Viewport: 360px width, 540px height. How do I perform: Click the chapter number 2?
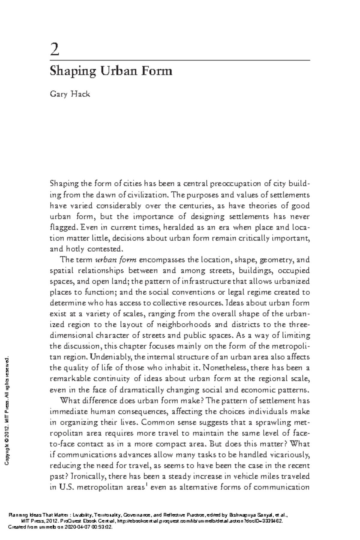(x=55, y=50)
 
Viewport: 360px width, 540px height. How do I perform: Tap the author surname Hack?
(x=80, y=94)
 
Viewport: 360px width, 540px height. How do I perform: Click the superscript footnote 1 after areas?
(x=146, y=485)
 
